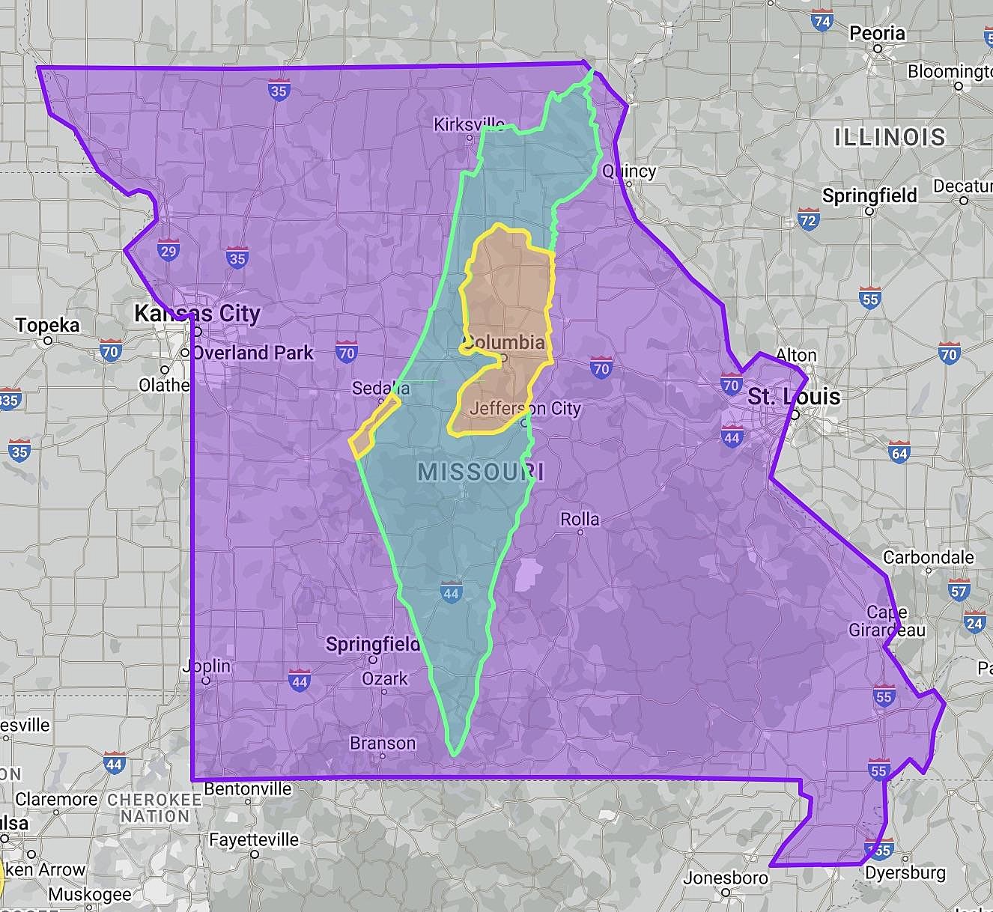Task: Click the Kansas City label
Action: pos(197,313)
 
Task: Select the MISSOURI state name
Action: pos(481,472)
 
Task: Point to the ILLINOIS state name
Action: pos(890,137)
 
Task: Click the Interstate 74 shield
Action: pos(822,22)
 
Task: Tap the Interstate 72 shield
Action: pos(807,220)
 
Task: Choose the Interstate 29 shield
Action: pos(168,251)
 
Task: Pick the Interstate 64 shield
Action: pos(899,453)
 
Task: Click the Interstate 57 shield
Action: pos(959,591)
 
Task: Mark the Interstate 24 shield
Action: pos(974,623)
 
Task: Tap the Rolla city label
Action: pos(580,519)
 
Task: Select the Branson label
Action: pos(383,743)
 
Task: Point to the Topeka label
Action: pos(47,326)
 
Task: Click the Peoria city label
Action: pos(876,34)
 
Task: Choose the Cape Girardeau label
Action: pos(887,621)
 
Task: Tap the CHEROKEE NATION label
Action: pos(154,807)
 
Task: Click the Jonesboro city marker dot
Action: pos(726,892)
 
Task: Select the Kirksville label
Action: pos(469,124)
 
